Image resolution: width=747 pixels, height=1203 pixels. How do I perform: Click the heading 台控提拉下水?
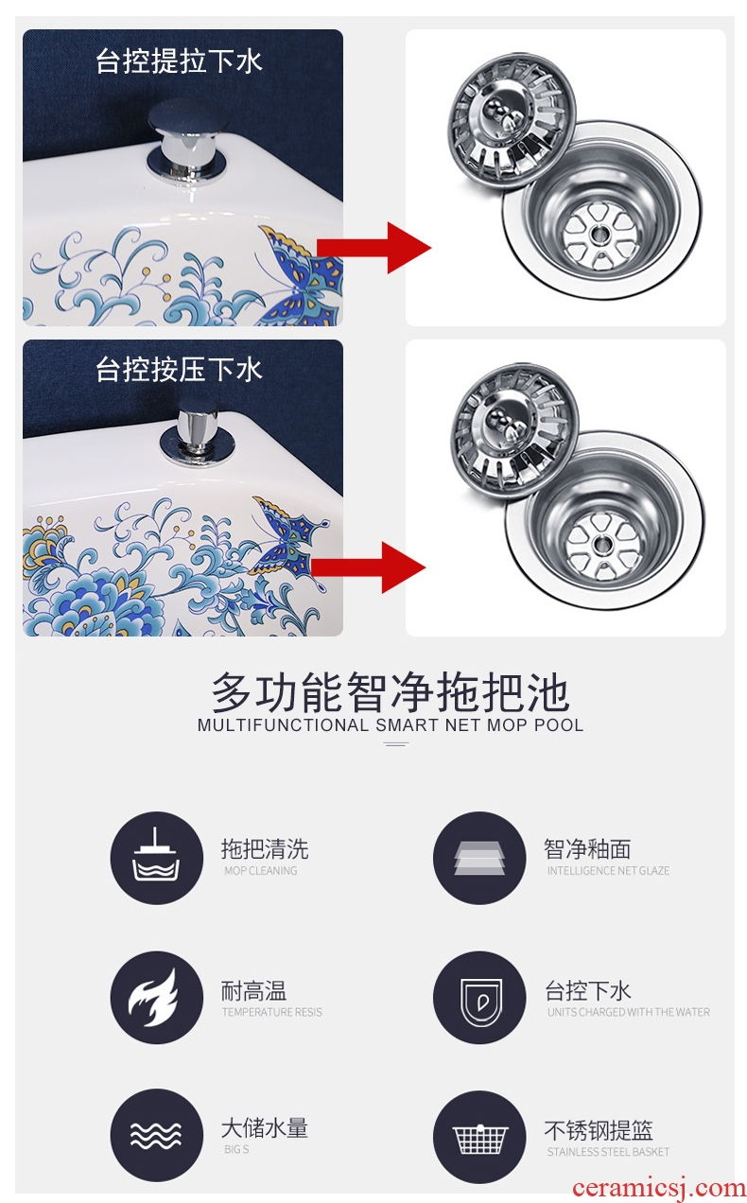pyautogui.click(x=179, y=61)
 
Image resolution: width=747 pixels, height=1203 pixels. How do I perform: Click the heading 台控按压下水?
pyautogui.click(x=179, y=370)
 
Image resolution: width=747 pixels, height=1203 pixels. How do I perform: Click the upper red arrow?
pyautogui.click(x=373, y=248)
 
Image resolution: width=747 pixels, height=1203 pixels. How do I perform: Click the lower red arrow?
pyautogui.click(x=368, y=567)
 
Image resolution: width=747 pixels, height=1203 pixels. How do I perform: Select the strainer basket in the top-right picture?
pyautogui.click(x=512, y=125)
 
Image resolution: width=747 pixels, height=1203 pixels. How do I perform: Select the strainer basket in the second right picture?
pyautogui.click(x=514, y=435)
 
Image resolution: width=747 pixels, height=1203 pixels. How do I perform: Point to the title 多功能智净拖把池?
pyautogui.click(x=390, y=692)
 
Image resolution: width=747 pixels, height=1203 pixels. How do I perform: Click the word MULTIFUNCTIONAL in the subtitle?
pyautogui.click(x=283, y=725)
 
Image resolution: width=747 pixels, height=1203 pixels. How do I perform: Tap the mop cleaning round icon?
pyautogui.click(x=157, y=858)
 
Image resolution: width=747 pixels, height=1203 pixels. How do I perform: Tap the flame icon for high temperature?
pyautogui.click(x=157, y=997)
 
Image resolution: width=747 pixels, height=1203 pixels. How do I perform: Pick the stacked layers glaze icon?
pyautogui.click(x=479, y=858)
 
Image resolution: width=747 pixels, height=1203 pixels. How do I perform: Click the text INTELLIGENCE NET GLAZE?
pyautogui.click(x=608, y=870)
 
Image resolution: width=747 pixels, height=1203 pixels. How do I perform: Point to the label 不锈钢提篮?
pyautogui.click(x=599, y=1130)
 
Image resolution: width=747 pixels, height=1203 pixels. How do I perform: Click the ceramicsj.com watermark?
pyautogui.click(x=659, y=1188)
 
